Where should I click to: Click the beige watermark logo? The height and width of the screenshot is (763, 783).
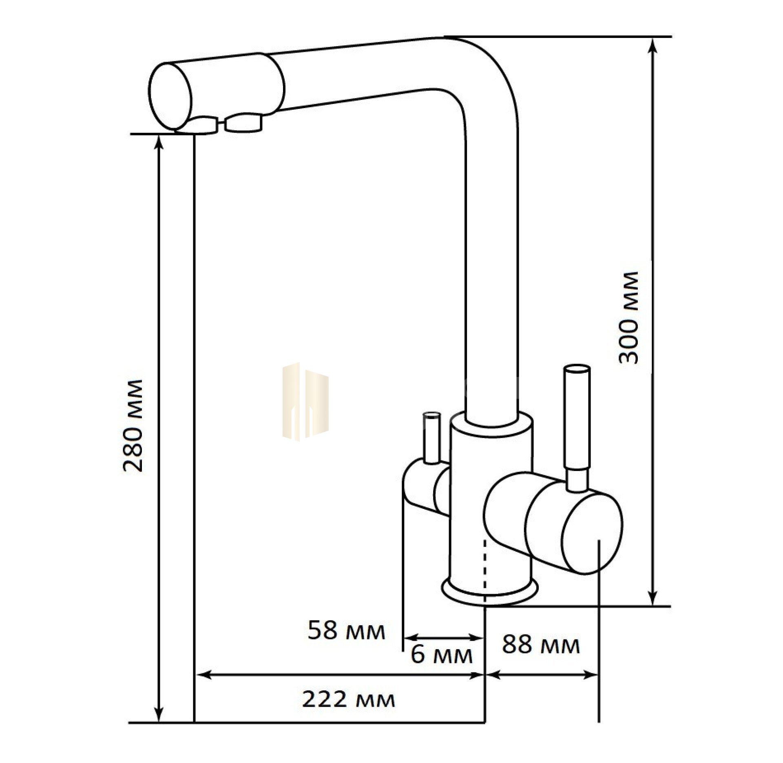(305, 402)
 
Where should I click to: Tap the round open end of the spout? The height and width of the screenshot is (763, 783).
(170, 97)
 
